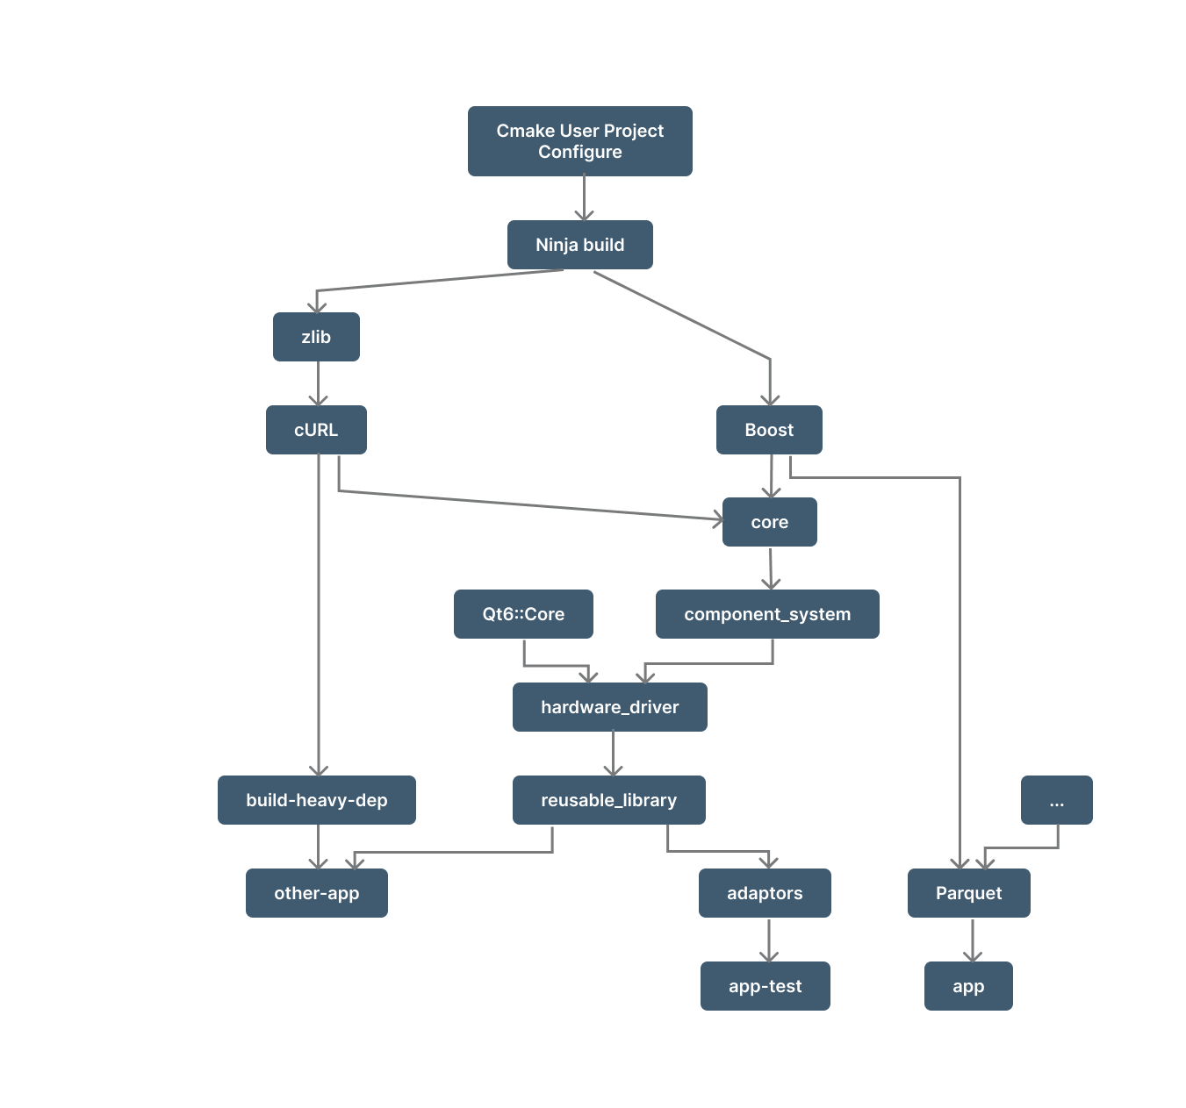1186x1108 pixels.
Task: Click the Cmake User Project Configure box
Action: coord(579,141)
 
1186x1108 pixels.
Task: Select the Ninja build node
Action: coord(579,245)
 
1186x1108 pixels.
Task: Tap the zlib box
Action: coord(316,337)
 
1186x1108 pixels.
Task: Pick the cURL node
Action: coord(316,430)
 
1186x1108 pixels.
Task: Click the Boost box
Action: coord(769,430)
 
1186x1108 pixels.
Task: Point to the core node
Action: coord(769,522)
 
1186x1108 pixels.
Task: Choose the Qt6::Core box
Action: coord(523,614)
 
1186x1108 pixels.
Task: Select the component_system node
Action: coord(767,614)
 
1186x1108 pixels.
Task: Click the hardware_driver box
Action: coord(609,707)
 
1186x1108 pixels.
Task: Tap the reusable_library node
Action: coord(608,800)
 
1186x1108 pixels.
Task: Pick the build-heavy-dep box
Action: coord(316,800)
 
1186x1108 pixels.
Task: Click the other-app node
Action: coord(316,893)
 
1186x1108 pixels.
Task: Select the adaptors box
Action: coord(765,893)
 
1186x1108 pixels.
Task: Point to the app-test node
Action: coord(765,986)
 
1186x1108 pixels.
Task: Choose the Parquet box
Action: coord(968,893)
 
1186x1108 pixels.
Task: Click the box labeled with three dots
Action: coord(1056,800)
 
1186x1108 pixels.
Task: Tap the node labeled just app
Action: coord(968,986)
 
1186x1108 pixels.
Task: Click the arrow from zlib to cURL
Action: coord(318,383)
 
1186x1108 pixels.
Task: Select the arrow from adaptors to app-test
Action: coord(769,940)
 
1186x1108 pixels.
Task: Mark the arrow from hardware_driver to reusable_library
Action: coord(613,754)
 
